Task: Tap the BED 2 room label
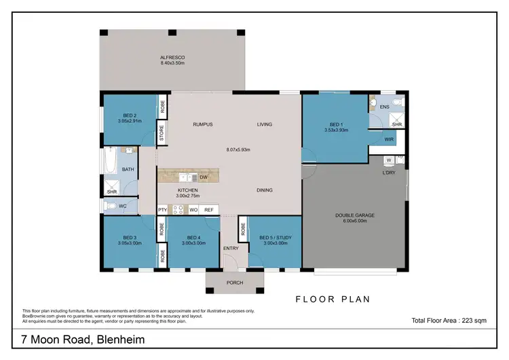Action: pos(130,116)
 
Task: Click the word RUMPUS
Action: pos(203,124)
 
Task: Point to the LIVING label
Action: pos(264,124)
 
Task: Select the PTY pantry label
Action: pos(162,210)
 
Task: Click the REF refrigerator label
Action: pos(208,210)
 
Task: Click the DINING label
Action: pos(265,190)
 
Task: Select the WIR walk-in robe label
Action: pos(389,139)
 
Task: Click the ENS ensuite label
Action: pos(384,107)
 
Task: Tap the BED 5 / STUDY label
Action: pos(275,238)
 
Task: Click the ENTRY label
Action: pos(231,249)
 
